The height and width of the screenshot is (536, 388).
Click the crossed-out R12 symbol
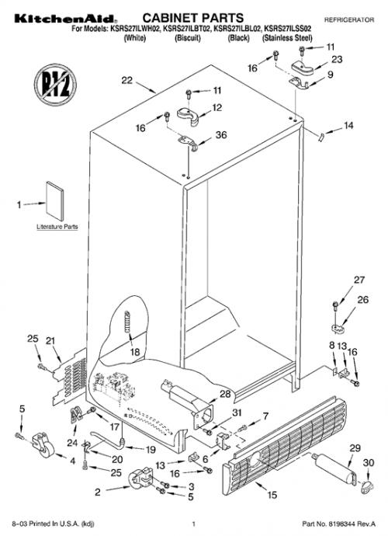tap(55, 85)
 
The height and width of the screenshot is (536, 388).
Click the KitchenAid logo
tap(64, 19)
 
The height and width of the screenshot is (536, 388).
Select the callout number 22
tap(126, 80)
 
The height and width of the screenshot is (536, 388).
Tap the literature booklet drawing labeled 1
tap(54, 201)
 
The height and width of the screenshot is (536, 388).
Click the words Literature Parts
tap(57, 227)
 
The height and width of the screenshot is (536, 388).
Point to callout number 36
tap(221, 135)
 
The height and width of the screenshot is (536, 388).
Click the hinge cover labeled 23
tap(303, 66)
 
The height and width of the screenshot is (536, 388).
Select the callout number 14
tap(348, 126)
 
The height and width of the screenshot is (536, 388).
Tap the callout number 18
tap(135, 352)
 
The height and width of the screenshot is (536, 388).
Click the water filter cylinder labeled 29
tap(335, 468)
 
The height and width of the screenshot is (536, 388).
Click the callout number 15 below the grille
tap(272, 495)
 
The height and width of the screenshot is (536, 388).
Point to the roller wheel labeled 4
tap(43, 445)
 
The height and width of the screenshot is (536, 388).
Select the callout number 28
tap(225, 394)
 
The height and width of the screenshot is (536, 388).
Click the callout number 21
tap(50, 341)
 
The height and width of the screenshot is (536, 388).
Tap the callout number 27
tap(359, 280)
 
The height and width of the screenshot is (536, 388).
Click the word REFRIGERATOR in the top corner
tap(349, 20)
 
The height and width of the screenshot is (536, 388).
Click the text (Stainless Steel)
tap(287, 38)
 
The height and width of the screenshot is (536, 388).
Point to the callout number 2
tap(98, 492)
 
